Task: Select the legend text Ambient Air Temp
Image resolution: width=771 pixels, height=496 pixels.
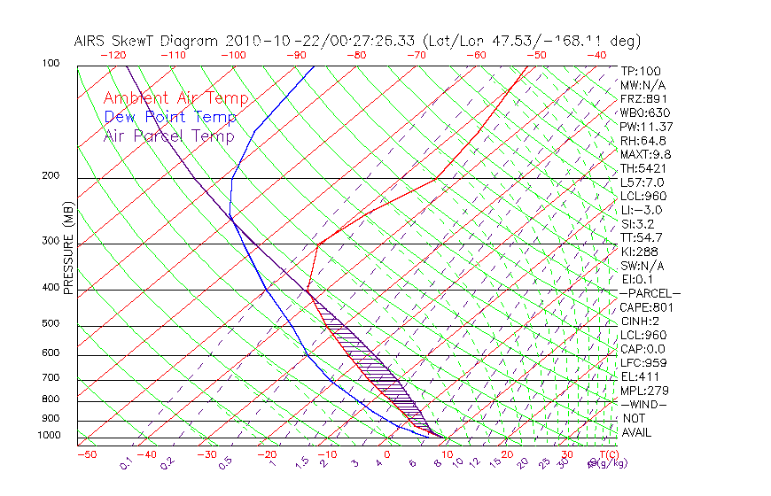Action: pyautogui.click(x=175, y=98)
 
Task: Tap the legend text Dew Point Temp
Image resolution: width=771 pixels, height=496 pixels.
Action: pyautogui.click(x=170, y=117)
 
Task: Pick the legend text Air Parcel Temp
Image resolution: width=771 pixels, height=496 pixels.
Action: pyautogui.click(x=168, y=136)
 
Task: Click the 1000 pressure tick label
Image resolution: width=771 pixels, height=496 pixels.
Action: pyautogui.click(x=50, y=435)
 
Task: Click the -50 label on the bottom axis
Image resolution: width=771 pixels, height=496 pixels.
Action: pyautogui.click(x=86, y=454)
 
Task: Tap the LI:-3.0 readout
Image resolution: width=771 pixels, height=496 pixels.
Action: pyautogui.click(x=641, y=210)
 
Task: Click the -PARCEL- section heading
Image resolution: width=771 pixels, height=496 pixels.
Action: pyautogui.click(x=650, y=293)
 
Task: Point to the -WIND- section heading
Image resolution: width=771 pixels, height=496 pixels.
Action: pyautogui.click(x=643, y=404)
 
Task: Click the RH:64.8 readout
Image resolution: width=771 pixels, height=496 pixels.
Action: pyautogui.click(x=642, y=140)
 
